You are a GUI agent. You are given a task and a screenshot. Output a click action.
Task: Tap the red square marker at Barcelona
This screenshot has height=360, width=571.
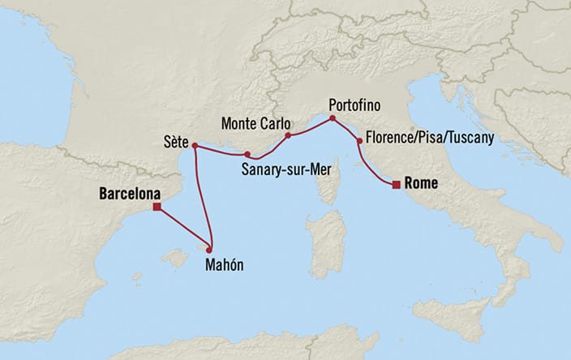(157, 207)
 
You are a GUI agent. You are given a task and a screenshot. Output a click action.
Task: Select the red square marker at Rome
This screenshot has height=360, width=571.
(395, 185)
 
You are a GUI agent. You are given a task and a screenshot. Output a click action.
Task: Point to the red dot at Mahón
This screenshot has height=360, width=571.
(209, 249)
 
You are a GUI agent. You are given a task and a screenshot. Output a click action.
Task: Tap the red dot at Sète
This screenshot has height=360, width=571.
(195, 147)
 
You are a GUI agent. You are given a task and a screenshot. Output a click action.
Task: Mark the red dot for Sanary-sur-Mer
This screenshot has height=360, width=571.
(247, 154)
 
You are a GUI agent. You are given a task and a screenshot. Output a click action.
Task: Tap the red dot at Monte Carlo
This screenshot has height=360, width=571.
(288, 136)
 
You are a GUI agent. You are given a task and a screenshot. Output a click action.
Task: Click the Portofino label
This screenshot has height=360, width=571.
(354, 105)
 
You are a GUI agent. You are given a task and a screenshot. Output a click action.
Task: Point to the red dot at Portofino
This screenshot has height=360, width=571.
(332, 118)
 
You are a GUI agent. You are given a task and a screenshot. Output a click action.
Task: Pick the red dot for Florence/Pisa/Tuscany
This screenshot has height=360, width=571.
(358, 141)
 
